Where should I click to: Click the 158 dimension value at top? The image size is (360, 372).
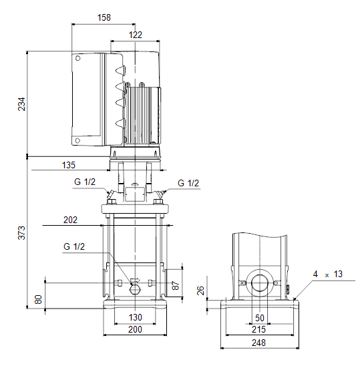(x=104, y=17)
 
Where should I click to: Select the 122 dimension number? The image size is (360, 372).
(x=136, y=35)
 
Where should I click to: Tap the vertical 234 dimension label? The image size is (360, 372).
(x=21, y=104)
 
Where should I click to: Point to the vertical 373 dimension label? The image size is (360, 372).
(x=21, y=232)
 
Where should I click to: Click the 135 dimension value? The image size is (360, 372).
(x=68, y=165)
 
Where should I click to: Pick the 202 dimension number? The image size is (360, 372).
(x=70, y=220)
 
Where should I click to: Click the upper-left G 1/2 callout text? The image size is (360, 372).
(x=85, y=182)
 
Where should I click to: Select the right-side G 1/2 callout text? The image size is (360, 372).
(x=188, y=183)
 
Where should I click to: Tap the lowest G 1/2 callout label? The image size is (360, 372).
(x=74, y=246)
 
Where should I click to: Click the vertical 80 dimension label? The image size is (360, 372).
(x=38, y=299)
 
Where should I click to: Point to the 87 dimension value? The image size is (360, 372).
(x=175, y=285)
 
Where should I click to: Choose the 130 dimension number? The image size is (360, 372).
(x=136, y=317)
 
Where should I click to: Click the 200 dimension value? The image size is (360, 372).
(x=135, y=329)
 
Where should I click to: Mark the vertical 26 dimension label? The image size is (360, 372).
(x=201, y=291)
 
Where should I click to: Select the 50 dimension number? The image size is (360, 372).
(x=260, y=318)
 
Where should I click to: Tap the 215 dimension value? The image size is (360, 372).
(x=258, y=329)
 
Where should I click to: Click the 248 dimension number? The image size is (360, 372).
(x=258, y=343)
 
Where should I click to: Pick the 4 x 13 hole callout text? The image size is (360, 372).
(x=328, y=274)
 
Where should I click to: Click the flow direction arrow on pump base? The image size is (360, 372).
(x=136, y=281)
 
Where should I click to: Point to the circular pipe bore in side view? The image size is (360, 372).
(x=260, y=283)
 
